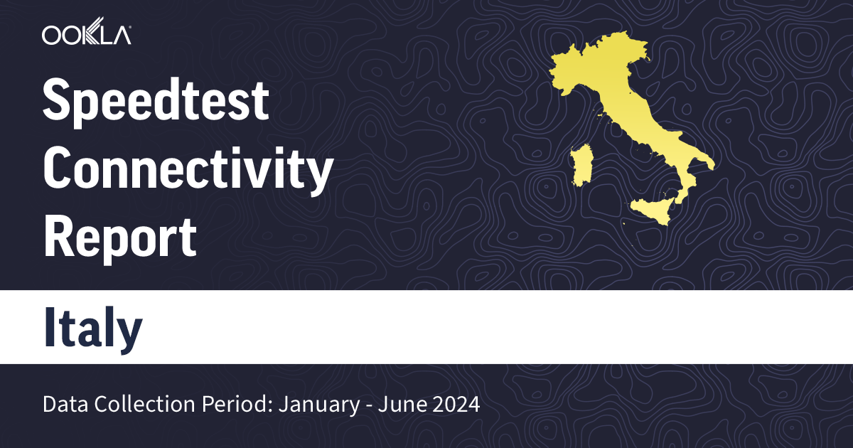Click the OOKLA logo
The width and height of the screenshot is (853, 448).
pos(86,35)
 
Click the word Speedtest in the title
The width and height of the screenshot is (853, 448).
pos(156,101)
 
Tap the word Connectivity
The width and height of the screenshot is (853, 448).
pos(188,170)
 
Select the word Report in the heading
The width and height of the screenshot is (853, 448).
pos(119,237)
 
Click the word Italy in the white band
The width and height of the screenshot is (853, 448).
pos(93,327)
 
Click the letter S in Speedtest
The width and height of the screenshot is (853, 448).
pos(57,101)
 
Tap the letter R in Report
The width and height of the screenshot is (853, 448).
pos(58,237)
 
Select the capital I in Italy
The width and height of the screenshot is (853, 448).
pos(49,327)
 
